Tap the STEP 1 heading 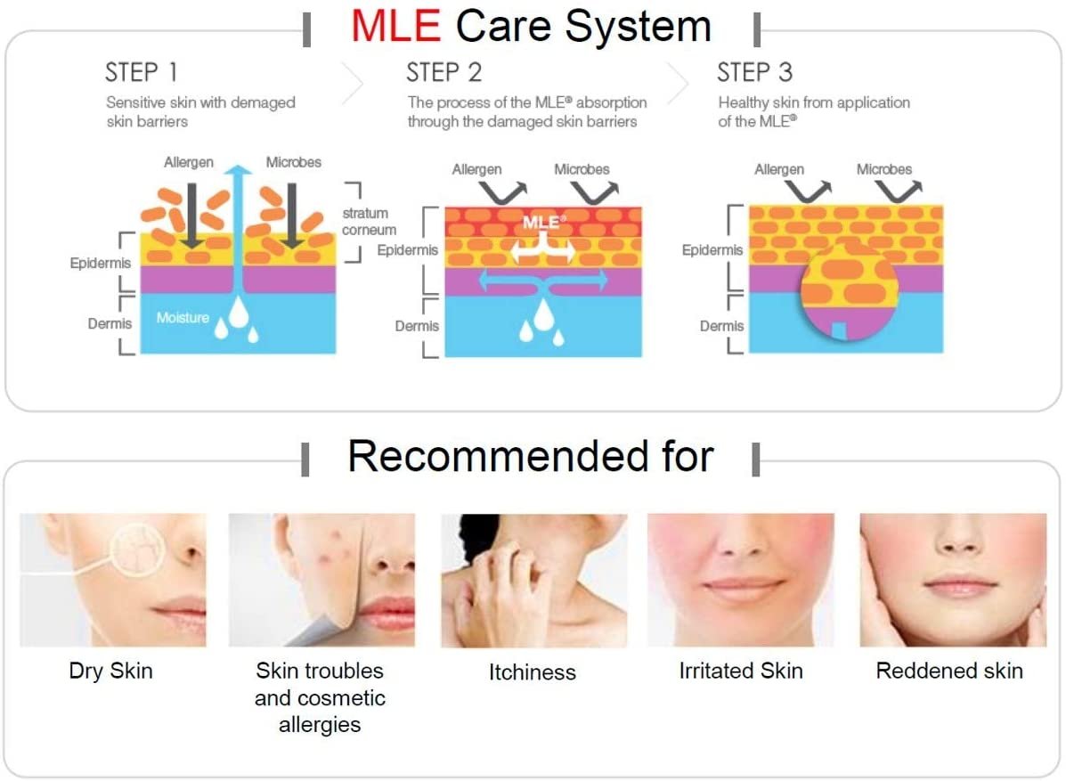pyautogui.click(x=142, y=72)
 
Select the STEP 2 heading pyautogui.click(x=443, y=72)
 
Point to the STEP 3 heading pyautogui.click(x=754, y=72)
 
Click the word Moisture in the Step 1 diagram pyautogui.click(x=183, y=317)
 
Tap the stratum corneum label pyautogui.click(x=370, y=222)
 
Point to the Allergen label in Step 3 pyautogui.click(x=779, y=169)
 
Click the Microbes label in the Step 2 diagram pyautogui.click(x=582, y=169)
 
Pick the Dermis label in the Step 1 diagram pyautogui.click(x=110, y=323)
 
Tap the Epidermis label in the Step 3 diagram pyautogui.click(x=712, y=250)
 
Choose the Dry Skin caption pyautogui.click(x=110, y=671)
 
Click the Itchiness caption pyautogui.click(x=533, y=672)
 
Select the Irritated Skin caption pyautogui.click(x=741, y=671)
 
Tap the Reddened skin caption pyautogui.click(x=949, y=671)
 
